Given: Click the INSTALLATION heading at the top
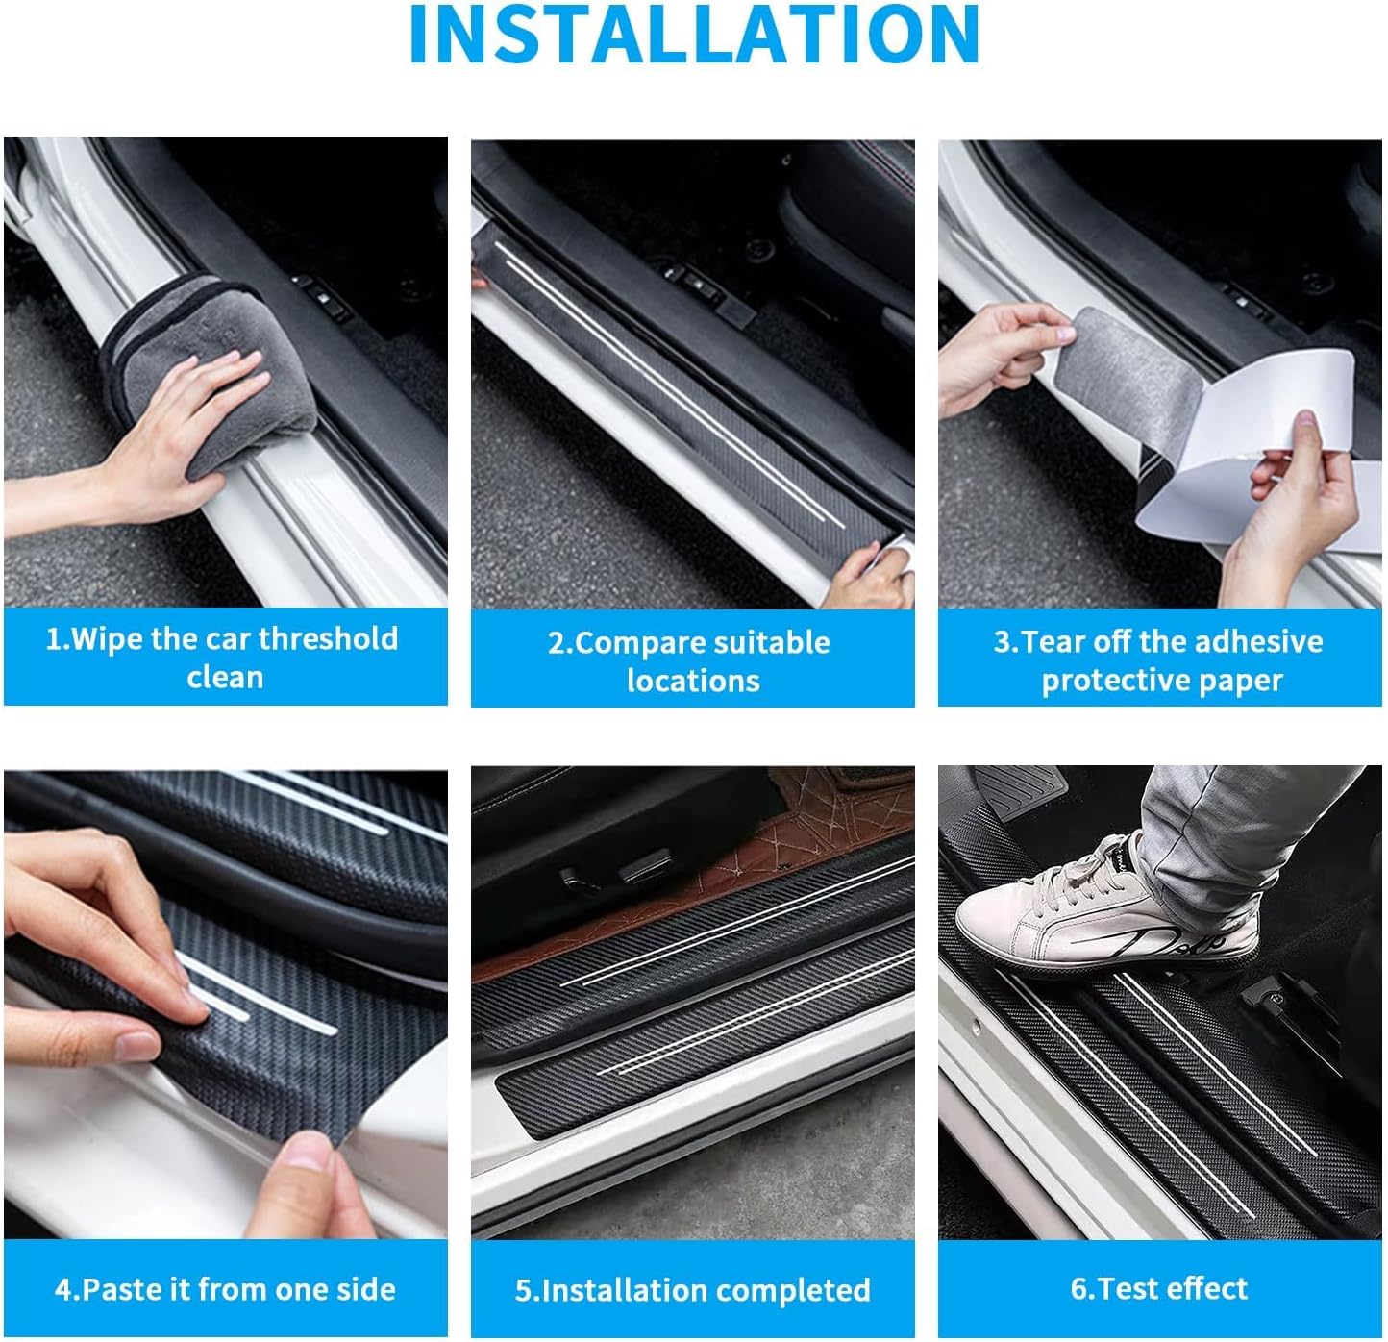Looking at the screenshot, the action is tap(694, 36).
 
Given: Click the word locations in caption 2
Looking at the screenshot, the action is tap(693, 681).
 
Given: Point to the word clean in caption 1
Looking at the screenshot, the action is tap(225, 677).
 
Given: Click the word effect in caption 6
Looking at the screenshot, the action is tap(1209, 1288).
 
